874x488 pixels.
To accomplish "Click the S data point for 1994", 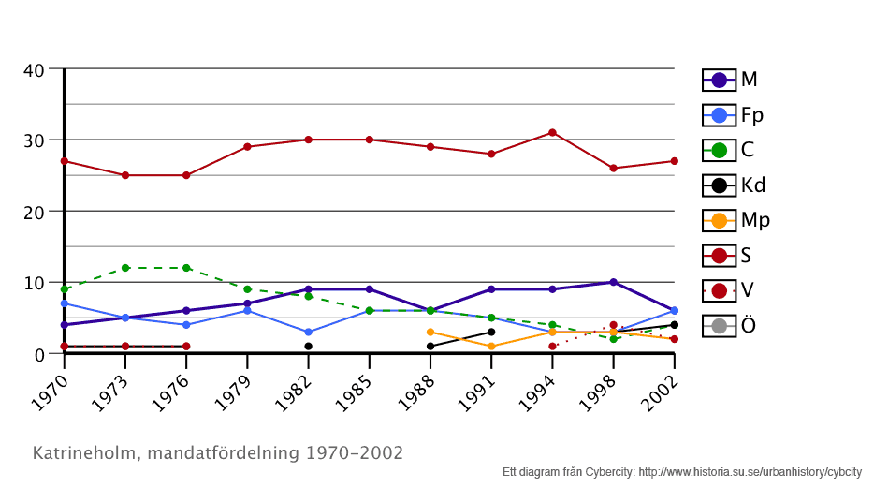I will click(552, 133).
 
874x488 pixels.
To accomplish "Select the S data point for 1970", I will click(65, 161).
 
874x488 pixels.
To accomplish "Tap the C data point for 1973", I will click(125, 268).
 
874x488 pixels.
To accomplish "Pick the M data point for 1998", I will click(613, 282).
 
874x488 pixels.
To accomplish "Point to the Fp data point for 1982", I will click(308, 332).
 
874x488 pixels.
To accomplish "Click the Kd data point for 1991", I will click(491, 332).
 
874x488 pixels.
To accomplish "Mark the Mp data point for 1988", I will click(430, 332).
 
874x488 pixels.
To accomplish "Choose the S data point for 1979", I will click(247, 147).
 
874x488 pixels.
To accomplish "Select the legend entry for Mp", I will click(736, 220).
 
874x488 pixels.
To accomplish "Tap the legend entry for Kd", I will click(734, 185).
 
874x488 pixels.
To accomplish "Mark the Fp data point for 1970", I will click(65, 303).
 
